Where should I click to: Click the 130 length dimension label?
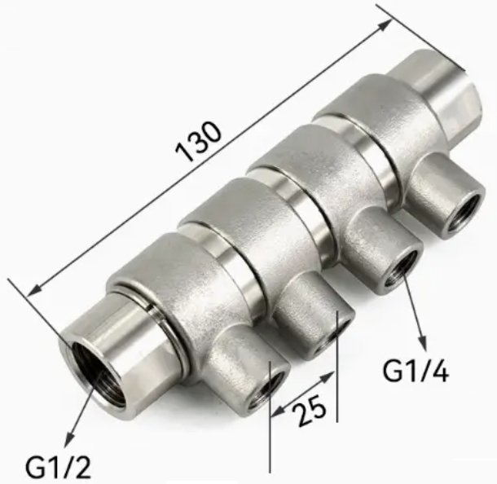(198, 142)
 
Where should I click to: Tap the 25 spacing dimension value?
(305, 405)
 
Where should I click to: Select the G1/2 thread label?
(58, 467)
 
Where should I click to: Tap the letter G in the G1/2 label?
(35, 468)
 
